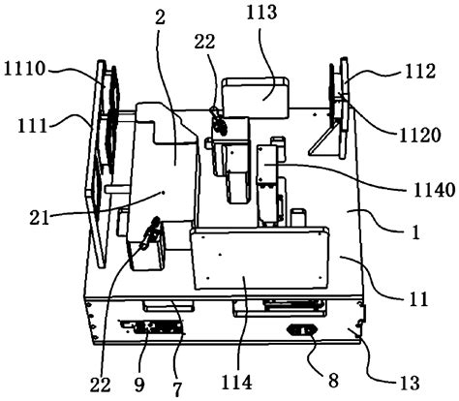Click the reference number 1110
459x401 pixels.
pyautogui.click(x=24, y=69)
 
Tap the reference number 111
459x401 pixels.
pyautogui.click(x=32, y=126)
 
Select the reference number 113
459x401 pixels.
pyautogui.click(x=261, y=13)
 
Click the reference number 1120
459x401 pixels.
pyautogui.click(x=420, y=136)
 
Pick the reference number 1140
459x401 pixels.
pyautogui.click(x=434, y=190)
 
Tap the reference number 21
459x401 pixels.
pyautogui.click(x=40, y=218)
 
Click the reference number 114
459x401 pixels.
pyautogui.click(x=236, y=383)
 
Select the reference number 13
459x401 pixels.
pyautogui.click(x=410, y=384)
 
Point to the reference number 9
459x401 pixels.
pyautogui.click(x=139, y=385)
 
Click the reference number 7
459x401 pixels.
pyautogui.click(x=178, y=389)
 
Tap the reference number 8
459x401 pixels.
pyautogui.click(x=333, y=380)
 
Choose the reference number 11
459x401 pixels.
pyautogui.click(x=418, y=299)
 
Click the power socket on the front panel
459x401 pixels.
pyautogui.click(x=302, y=330)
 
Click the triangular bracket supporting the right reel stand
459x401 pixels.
pyautogui.click(x=322, y=141)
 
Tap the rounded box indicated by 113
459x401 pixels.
pyautogui.click(x=255, y=97)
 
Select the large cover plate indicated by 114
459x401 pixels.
pyautogui.click(x=260, y=259)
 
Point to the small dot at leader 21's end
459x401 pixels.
pyautogui.click(x=163, y=193)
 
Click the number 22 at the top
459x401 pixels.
pyautogui.click(x=204, y=42)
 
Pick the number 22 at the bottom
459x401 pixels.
pyautogui.click(x=100, y=385)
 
